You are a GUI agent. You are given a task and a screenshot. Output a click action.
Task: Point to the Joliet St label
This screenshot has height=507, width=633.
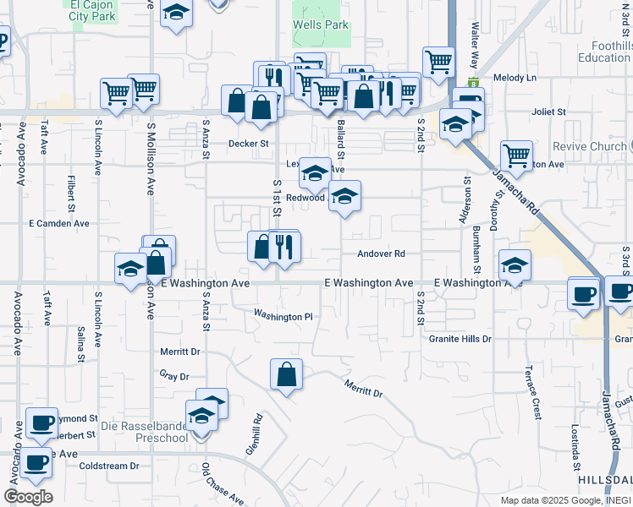pos(548,112)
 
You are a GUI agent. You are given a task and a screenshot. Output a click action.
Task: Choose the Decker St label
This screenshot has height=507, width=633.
pos(248,144)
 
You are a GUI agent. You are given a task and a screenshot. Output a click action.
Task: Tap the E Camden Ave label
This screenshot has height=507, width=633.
pos(59,224)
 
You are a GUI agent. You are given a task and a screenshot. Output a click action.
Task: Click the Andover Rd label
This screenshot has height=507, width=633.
pos(382,253)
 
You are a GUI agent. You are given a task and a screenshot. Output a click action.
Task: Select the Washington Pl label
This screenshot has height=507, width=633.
pos(283,316)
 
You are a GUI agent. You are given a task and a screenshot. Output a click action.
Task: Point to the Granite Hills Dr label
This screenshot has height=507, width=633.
pos(461,339)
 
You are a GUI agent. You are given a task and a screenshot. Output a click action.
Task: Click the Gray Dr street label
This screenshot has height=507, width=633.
pos(173,375)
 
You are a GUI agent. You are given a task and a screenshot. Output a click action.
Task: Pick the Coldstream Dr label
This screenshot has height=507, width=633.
pos(108,466)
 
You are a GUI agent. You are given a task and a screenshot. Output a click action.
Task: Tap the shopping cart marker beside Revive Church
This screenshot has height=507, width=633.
pos(516,155)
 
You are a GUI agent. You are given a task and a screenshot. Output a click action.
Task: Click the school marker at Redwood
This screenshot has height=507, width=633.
pos(344,198)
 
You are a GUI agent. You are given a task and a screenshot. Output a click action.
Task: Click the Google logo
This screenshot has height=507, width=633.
pos(28,497)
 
